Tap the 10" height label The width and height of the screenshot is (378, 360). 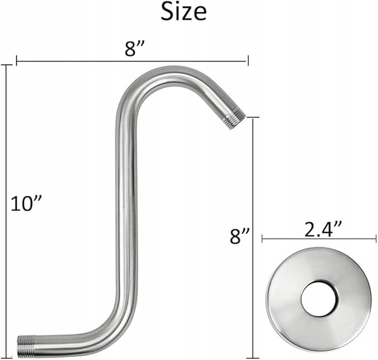[27, 204]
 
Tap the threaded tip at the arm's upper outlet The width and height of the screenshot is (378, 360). [234, 118]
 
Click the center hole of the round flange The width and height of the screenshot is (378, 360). [318, 299]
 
